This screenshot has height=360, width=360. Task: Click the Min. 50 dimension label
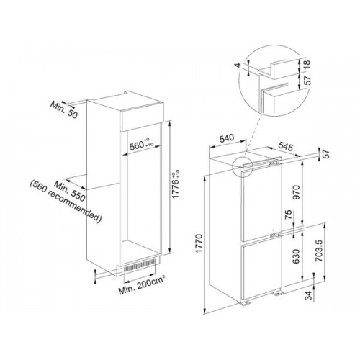[64, 109]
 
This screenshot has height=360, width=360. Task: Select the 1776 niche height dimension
[176, 184]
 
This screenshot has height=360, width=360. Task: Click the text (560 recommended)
[66, 202]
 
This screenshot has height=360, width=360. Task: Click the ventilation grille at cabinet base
[140, 266]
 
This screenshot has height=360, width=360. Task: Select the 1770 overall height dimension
[199, 243]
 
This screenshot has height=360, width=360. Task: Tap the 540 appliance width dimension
[227, 138]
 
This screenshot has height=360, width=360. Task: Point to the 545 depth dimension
[286, 146]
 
